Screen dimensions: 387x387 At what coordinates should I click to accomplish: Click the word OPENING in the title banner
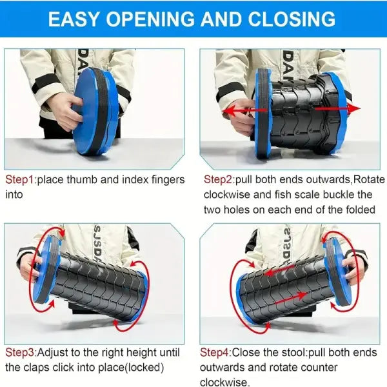pos(150,19)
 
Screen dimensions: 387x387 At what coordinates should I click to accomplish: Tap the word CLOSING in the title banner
pos(292,19)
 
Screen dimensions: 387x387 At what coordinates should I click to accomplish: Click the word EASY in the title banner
pos(74,19)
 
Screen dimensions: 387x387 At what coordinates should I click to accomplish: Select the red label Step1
pos(19,180)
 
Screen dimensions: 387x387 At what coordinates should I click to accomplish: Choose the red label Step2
pos(218,180)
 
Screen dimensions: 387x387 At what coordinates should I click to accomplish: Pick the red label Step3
pos(20,352)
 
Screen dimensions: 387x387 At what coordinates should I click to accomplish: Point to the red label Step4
pos(215,352)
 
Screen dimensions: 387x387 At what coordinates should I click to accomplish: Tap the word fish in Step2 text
pos(283,195)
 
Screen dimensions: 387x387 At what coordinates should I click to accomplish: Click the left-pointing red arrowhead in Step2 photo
pos(228,110)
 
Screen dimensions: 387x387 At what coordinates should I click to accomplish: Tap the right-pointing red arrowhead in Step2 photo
pos(354,108)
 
